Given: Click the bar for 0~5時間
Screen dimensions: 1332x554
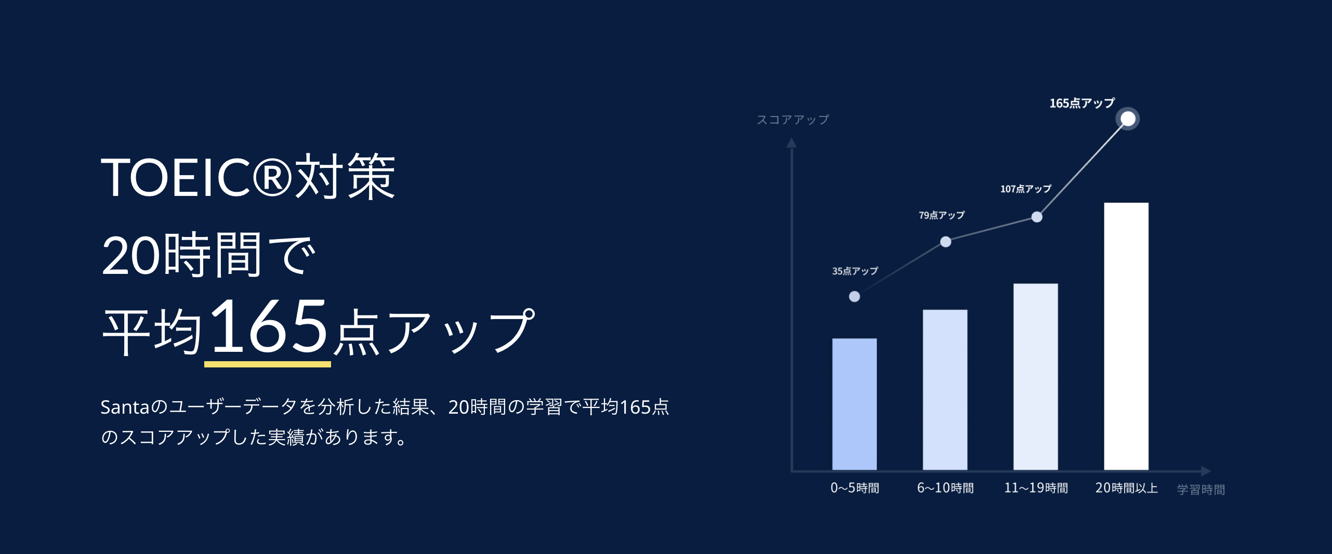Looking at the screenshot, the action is point(854,404).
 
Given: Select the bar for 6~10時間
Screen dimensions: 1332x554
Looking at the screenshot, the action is point(945,390).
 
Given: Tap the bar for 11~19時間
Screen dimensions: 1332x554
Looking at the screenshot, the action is point(1036,377).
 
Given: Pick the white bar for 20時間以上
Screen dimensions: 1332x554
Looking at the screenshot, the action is point(1126,336).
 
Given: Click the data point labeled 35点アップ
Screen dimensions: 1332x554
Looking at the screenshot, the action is point(854,297).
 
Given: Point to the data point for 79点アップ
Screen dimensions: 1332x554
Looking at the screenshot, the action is point(946,242).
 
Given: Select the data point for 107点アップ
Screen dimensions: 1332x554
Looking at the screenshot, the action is point(1037,217).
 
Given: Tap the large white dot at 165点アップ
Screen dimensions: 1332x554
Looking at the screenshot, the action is point(1128,119).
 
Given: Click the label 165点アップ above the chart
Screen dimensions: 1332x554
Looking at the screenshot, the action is point(1082,103).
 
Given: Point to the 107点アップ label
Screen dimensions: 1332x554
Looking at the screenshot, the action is point(1026,189).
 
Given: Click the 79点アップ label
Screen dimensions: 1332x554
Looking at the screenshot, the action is point(942,215).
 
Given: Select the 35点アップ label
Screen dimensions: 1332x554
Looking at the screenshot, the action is point(855,271).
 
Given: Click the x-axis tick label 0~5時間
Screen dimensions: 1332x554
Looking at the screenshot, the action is point(855,488).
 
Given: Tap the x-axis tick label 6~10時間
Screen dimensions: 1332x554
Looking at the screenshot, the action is point(945,488).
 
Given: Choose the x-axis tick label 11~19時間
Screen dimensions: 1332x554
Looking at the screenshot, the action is point(1036,488).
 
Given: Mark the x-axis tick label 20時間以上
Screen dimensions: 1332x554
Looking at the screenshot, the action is point(1127,488).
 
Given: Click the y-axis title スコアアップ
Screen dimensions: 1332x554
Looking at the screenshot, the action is point(793,120).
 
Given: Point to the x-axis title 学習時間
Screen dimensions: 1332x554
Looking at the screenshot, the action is point(1201,490).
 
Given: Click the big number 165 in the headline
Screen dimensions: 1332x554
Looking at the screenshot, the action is point(268,326).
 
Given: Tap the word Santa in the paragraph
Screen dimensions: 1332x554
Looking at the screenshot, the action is point(125,407).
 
